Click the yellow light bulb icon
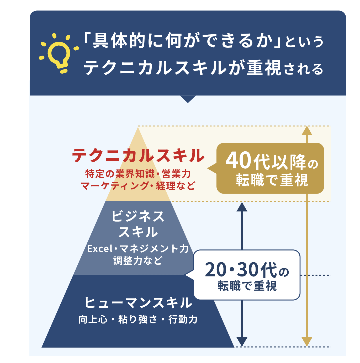pyautogui.click(x=59, y=53)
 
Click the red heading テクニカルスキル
pyautogui.click(x=138, y=156)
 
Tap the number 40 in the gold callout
pyautogui.click(x=238, y=161)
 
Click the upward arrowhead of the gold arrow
pyautogui.click(x=307, y=131)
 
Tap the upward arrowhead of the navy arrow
pyautogui.click(x=242, y=207)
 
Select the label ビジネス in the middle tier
pyautogui.click(x=138, y=216)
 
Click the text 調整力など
pyautogui.click(x=137, y=261)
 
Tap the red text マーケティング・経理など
pyautogui.click(x=138, y=186)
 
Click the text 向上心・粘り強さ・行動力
pyautogui.click(x=138, y=319)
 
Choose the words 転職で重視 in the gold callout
pyautogui.click(x=272, y=180)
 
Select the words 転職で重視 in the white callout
pyautogui.click(x=247, y=286)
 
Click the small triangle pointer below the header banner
pyautogui.click(x=188, y=99)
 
